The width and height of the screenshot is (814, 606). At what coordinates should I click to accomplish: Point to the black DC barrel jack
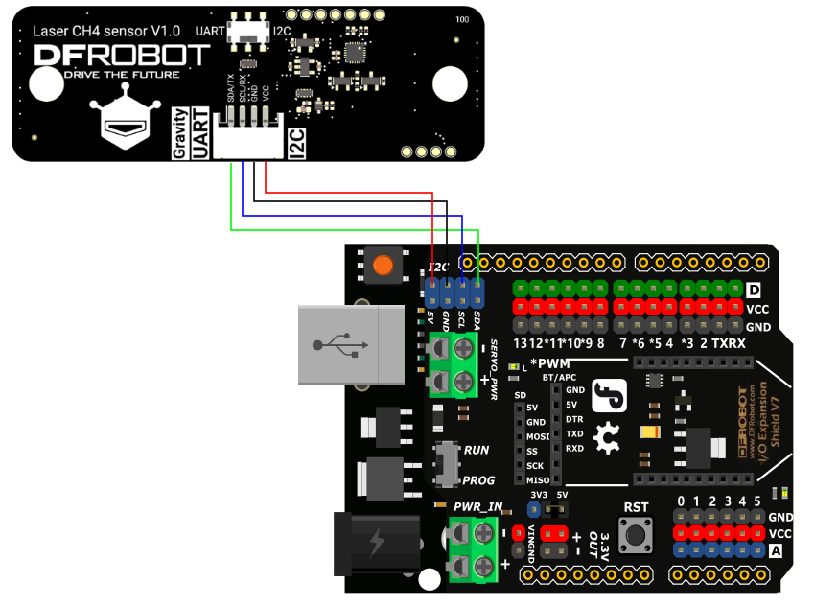tap(376, 545)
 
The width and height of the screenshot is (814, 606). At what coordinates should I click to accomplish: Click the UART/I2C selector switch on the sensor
tap(252, 32)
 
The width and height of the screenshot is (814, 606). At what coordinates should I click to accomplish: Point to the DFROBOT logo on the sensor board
tap(121, 56)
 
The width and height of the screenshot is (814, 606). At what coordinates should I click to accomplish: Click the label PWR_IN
tap(477, 506)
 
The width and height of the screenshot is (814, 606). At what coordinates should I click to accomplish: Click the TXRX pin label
tap(729, 342)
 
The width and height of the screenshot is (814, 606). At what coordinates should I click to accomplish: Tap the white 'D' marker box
tap(754, 290)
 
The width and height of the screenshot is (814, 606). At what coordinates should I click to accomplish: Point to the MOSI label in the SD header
tap(537, 436)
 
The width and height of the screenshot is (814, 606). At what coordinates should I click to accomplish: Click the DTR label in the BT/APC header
tap(574, 419)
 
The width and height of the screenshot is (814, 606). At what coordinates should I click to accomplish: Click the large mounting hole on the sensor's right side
tap(449, 83)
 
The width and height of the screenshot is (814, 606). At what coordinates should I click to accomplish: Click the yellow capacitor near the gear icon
tap(649, 432)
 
